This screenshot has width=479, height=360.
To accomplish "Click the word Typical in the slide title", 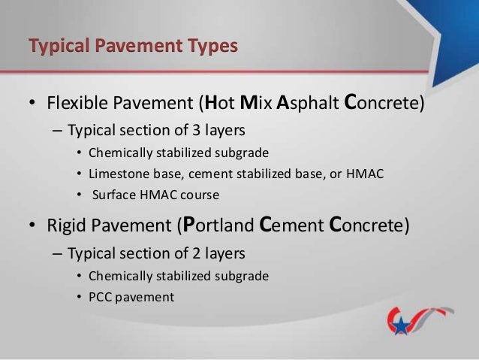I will tap(57, 47).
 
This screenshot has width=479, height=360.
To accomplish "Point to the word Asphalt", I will tap(308, 102).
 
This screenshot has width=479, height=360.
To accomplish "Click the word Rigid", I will tap(66, 225).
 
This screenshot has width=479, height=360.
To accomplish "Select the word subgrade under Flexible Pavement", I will tap(243, 153).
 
